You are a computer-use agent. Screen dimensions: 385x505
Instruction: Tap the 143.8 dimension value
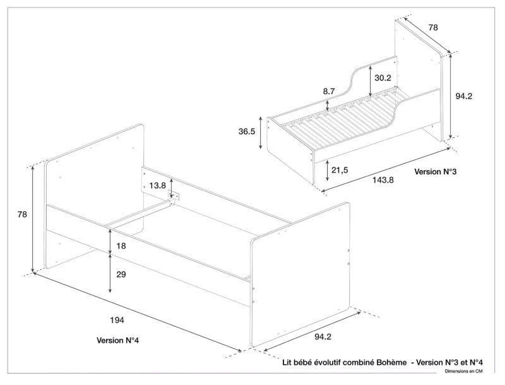[383, 180]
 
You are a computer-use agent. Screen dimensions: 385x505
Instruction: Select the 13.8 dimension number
[158, 185]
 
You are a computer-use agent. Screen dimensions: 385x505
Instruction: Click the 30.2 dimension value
[383, 78]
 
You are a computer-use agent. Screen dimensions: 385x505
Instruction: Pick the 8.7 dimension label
[329, 92]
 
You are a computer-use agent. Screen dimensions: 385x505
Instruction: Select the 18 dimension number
[121, 245]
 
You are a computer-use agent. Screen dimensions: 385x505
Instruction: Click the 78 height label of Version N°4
[22, 214]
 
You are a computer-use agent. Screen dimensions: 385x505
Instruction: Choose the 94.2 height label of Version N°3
[464, 96]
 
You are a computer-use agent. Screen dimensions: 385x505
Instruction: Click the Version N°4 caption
[117, 340]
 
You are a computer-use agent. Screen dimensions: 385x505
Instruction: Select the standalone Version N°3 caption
[435, 171]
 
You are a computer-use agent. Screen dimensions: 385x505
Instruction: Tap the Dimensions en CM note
[463, 372]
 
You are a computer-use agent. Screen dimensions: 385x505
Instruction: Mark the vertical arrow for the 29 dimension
[110, 273]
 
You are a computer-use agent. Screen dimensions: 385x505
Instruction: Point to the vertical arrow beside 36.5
[261, 133]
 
